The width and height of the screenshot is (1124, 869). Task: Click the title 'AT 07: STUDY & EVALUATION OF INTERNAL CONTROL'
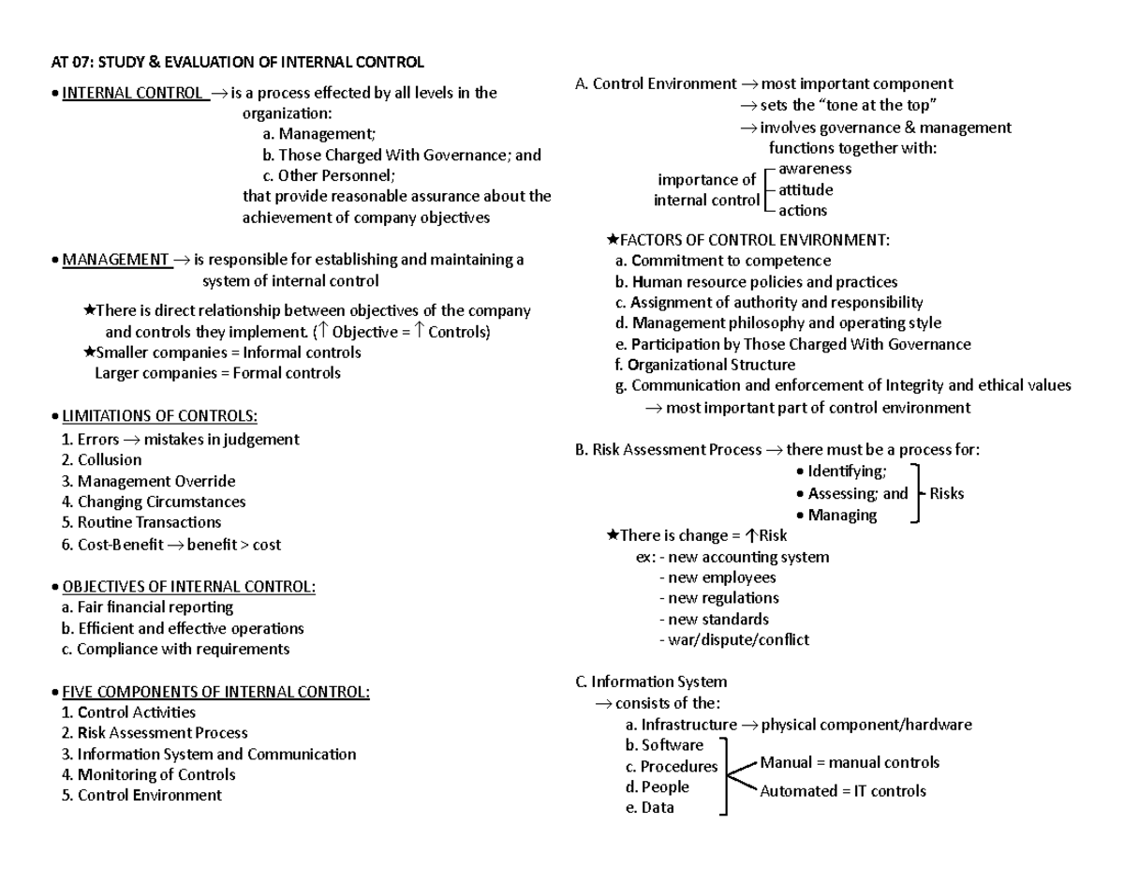[x=236, y=63]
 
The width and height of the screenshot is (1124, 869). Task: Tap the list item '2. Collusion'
[x=100, y=460]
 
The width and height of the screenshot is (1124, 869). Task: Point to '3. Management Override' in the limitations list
[x=147, y=481]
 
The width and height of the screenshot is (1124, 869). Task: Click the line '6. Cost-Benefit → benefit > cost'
[x=170, y=545]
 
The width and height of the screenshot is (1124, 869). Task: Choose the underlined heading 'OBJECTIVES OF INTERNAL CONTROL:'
[x=188, y=587]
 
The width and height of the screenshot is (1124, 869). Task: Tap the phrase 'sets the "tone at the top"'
[x=848, y=105]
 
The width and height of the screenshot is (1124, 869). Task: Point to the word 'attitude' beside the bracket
[x=806, y=190]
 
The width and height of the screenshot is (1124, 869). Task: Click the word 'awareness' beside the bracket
[x=815, y=169]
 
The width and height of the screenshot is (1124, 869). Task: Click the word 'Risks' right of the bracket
[x=946, y=494]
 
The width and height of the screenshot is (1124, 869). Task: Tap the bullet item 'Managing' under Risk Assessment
[x=842, y=515]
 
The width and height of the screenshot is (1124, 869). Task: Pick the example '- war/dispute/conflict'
[x=733, y=640]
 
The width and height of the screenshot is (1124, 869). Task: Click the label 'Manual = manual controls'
[x=850, y=763]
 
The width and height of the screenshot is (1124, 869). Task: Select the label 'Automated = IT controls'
[x=842, y=791]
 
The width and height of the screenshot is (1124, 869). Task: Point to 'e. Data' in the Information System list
[x=648, y=808]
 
